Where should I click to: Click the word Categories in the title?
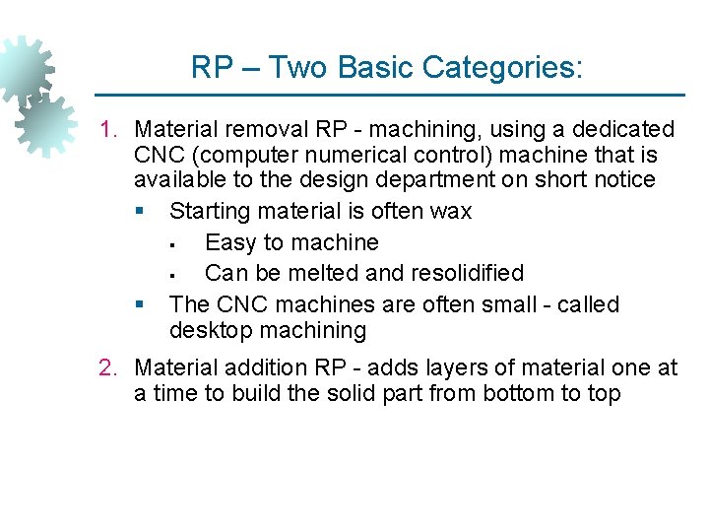click(502, 68)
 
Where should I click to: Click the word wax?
click(451, 211)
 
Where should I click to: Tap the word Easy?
click(228, 242)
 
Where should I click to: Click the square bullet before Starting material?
click(144, 212)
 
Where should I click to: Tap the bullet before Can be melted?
click(172, 274)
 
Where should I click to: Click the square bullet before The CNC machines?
click(144, 305)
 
